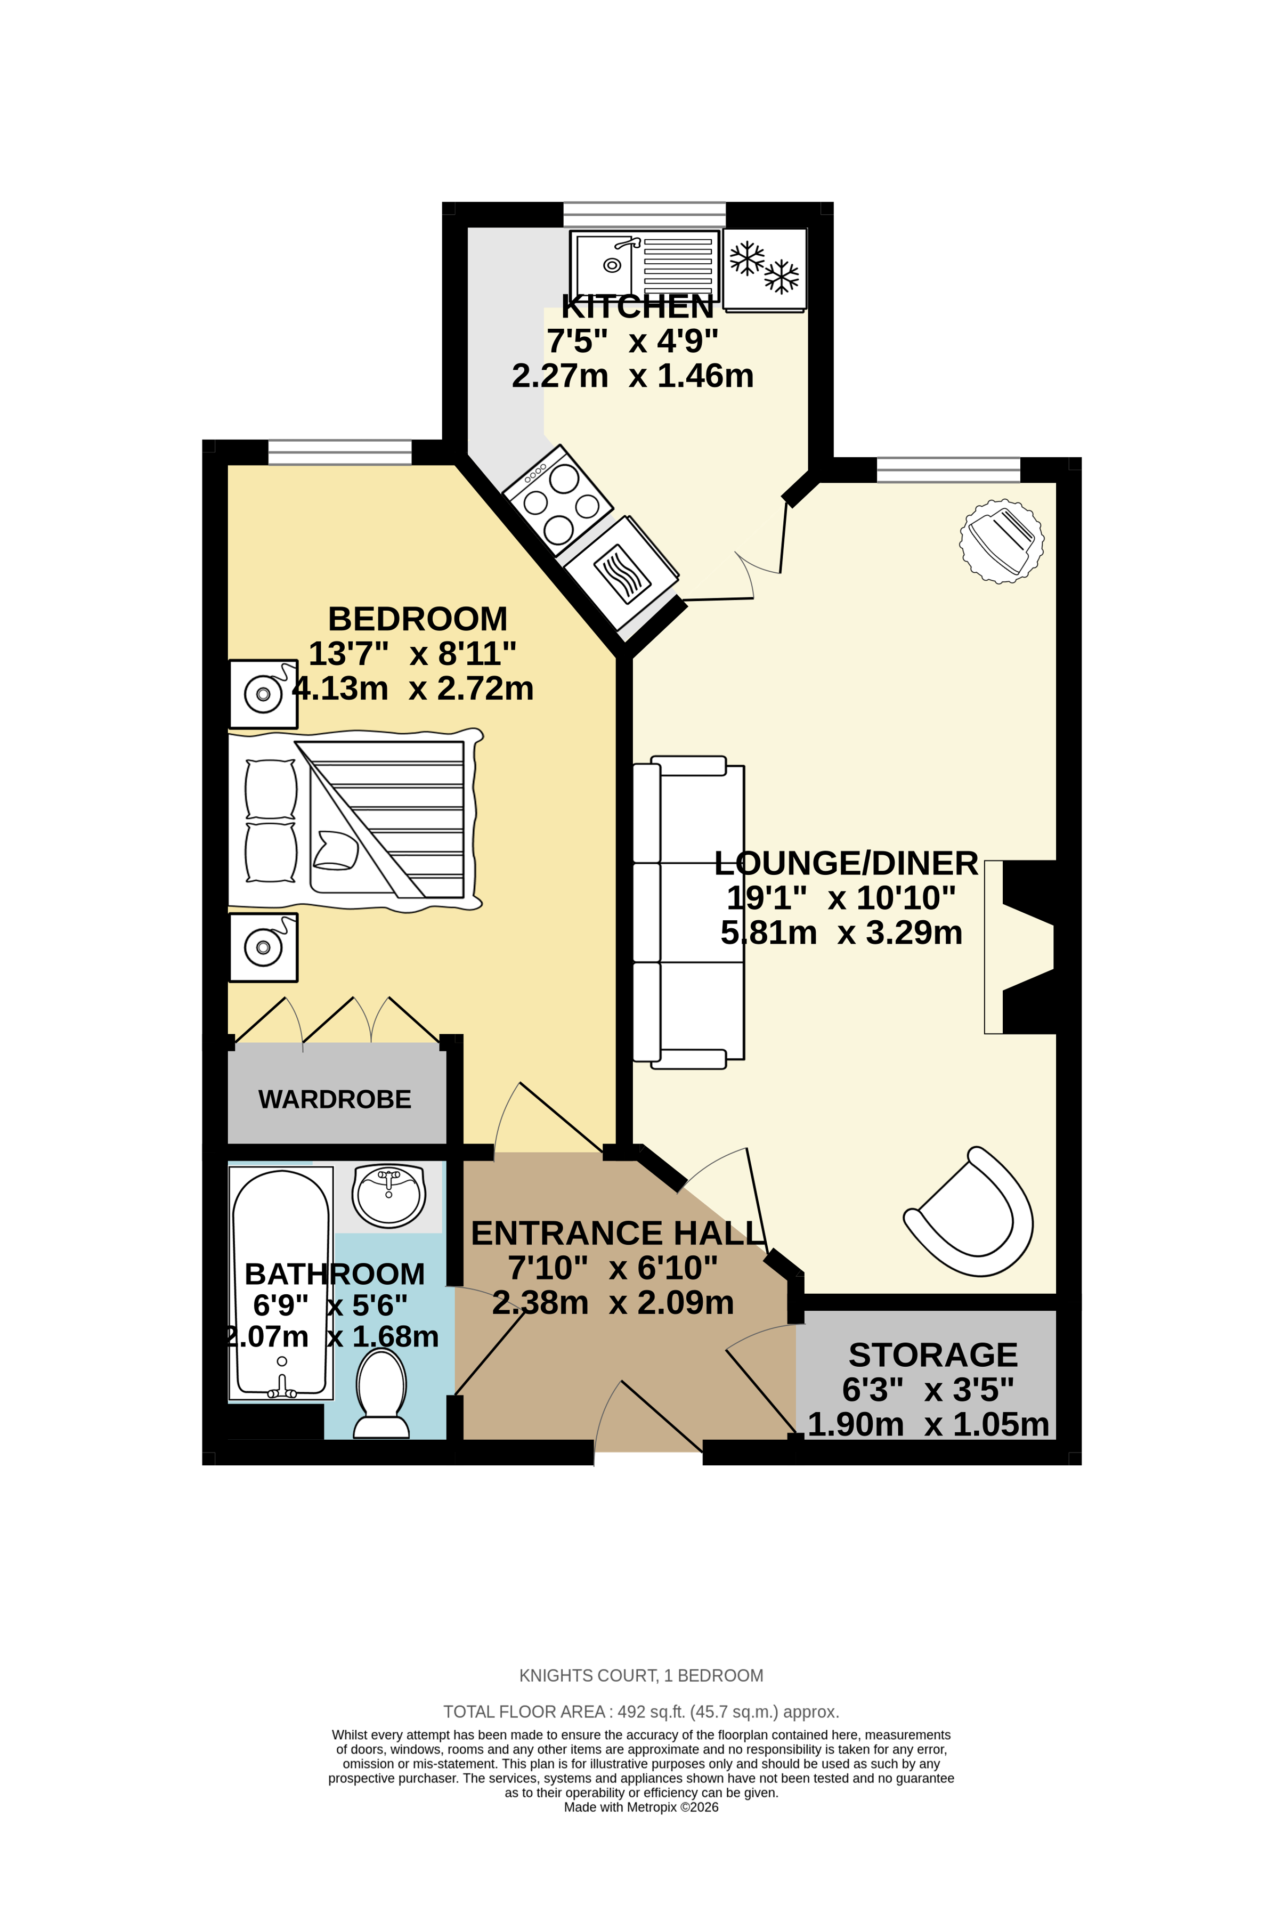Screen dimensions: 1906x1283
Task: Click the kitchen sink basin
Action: coord(607,264)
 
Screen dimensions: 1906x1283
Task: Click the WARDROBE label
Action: coord(335,1099)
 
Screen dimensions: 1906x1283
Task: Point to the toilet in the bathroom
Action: coord(381,1393)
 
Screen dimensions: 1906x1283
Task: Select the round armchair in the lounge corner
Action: coord(1002,541)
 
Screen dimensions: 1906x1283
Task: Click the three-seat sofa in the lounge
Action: coord(689,912)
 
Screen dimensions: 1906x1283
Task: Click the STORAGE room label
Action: coord(933,1355)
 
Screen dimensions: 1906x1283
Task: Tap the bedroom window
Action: coord(339,452)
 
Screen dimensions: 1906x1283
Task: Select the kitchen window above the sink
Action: coord(644,214)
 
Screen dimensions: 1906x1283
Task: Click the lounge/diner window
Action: coord(948,470)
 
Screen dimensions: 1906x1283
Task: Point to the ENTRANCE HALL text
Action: coord(617,1234)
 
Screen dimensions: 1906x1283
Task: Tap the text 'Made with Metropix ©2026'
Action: coord(640,1807)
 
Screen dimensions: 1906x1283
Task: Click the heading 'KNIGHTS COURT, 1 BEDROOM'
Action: coord(640,1675)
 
